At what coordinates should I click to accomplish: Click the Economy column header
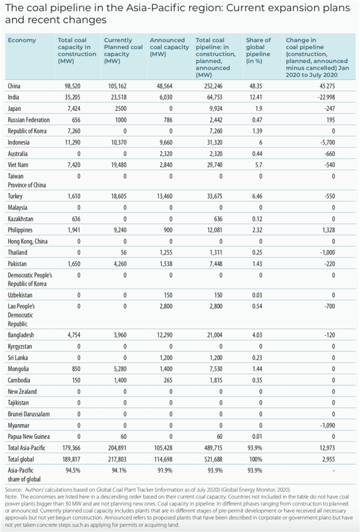[23, 40]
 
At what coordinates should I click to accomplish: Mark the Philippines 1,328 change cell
[340, 230]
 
